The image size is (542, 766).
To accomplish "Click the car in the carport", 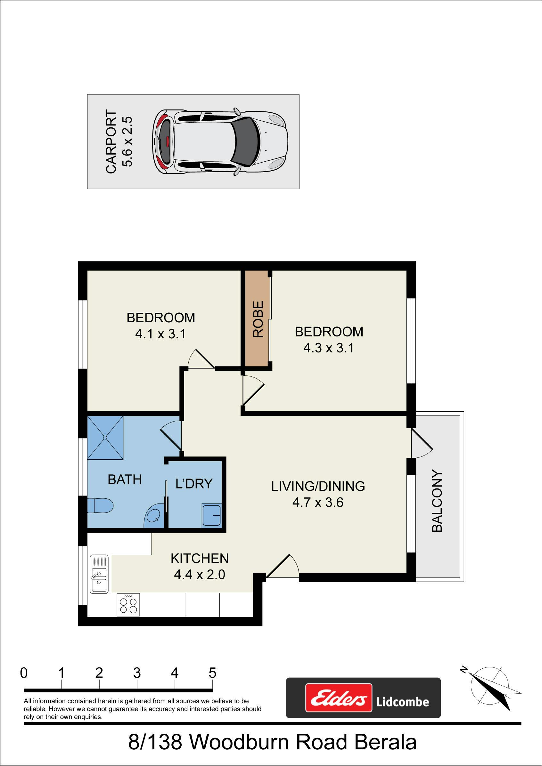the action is click(x=220, y=141).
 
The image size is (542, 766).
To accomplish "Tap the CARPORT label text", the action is click(x=111, y=141).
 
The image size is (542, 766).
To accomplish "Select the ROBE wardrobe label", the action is click(x=258, y=319).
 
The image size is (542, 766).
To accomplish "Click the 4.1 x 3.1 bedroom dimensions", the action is click(x=160, y=334).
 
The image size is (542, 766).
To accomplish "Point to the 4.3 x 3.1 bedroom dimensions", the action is click(x=329, y=348).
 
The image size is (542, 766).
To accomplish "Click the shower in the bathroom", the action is click(x=105, y=437).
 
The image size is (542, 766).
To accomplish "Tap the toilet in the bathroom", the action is click(x=100, y=505).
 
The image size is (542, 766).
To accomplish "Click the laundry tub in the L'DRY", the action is click(x=211, y=515).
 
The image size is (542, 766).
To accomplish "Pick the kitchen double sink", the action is click(x=99, y=574).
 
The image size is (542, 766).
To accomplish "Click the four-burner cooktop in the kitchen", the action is click(x=128, y=605).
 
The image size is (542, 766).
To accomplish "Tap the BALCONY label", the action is click(x=437, y=501).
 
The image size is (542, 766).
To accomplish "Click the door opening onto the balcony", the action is click(x=422, y=443).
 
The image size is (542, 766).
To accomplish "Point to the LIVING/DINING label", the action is click(x=318, y=486).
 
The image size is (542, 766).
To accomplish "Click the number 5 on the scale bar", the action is click(x=212, y=673).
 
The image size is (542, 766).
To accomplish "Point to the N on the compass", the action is click(x=464, y=669).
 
